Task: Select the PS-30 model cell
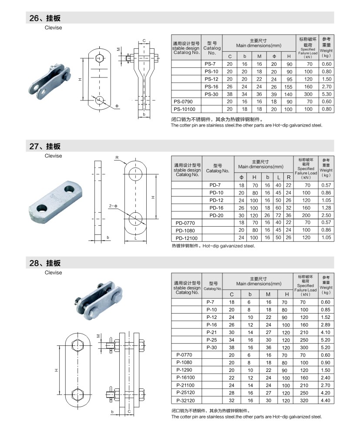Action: [x=212, y=94]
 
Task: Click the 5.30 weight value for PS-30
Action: [x=326, y=94]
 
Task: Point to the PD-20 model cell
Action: [x=216, y=215]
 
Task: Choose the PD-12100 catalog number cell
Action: [x=187, y=237]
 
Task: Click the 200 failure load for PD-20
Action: [x=306, y=215]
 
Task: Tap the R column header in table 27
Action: [x=288, y=177]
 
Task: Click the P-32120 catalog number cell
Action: [x=186, y=400]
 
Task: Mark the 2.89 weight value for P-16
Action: [x=326, y=324]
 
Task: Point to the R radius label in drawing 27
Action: [x=117, y=157]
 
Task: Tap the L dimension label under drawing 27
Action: [x=136, y=239]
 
